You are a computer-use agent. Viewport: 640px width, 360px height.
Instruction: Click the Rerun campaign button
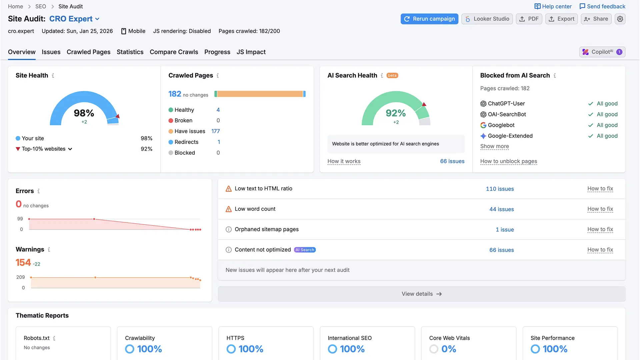(429, 19)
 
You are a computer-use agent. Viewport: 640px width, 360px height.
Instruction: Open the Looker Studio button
(487, 19)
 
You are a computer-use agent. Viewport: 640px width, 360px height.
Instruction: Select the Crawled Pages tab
(88, 52)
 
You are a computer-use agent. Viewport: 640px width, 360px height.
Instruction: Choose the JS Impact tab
(251, 52)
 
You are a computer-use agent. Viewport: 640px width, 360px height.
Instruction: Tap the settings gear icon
(620, 19)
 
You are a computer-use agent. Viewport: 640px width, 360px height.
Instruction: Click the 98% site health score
(84, 113)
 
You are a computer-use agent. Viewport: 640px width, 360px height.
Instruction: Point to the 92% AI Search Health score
(396, 113)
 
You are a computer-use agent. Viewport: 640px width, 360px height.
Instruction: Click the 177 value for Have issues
(215, 131)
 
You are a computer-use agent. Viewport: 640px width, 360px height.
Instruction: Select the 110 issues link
(500, 189)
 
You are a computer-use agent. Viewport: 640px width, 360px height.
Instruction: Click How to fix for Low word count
(600, 209)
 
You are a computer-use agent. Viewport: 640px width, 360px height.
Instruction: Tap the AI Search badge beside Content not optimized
(305, 250)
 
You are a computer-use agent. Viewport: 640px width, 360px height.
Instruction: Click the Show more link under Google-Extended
(494, 146)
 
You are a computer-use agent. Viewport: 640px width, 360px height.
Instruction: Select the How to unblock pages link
(508, 161)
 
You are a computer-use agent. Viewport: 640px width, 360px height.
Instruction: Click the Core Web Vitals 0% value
(448, 349)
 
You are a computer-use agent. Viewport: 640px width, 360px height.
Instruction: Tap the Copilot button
(602, 52)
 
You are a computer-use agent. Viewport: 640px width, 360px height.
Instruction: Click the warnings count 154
(23, 263)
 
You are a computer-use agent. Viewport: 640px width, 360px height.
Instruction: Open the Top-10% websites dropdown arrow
(70, 149)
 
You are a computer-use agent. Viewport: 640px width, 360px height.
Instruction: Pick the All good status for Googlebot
(607, 125)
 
